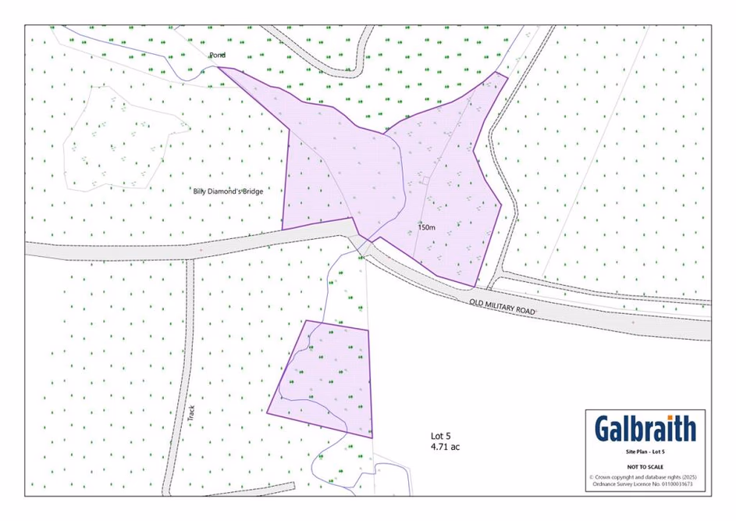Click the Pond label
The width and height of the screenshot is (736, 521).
point(217,55)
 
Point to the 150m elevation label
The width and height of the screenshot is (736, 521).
point(426,228)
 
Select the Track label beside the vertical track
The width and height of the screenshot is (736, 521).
point(191,412)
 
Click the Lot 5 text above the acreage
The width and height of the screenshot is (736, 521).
point(441,436)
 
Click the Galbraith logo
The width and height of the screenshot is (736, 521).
point(645,429)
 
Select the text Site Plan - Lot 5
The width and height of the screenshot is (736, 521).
point(645,452)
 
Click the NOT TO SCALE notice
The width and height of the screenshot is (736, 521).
point(645,466)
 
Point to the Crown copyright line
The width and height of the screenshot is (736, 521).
point(645,476)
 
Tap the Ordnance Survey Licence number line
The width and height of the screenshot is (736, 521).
point(645,484)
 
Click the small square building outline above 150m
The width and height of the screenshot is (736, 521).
point(425,180)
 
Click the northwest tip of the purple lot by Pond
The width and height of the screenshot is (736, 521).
point(218,67)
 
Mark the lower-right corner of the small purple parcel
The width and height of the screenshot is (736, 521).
point(372,437)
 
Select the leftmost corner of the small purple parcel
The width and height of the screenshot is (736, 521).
point(267,412)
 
